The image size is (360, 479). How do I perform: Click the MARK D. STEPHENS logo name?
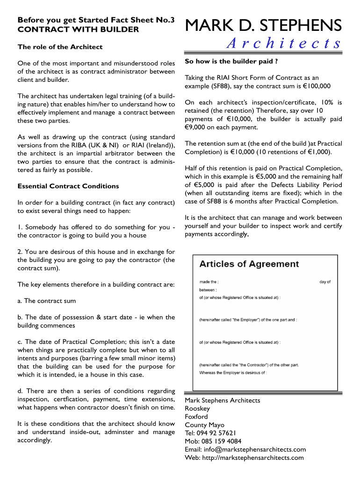[x=263, y=25]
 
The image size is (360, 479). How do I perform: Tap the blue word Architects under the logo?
[x=284, y=44]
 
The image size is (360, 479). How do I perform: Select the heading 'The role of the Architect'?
[x=60, y=47]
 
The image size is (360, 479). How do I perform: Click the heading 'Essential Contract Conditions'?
[x=68, y=186]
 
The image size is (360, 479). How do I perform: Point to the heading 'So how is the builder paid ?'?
[x=231, y=61]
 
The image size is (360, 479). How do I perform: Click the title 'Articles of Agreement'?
[x=249, y=264]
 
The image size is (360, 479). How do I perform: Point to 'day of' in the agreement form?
[x=325, y=282]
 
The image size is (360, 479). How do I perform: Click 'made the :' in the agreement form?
[x=209, y=282]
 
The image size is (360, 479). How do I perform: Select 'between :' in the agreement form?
[x=208, y=290]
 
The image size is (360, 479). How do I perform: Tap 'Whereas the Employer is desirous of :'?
[x=233, y=373]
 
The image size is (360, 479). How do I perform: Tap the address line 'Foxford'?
[x=196, y=416]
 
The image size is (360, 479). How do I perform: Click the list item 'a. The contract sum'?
[x=46, y=301]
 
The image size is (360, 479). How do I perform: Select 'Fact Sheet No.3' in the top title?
[x=140, y=20]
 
